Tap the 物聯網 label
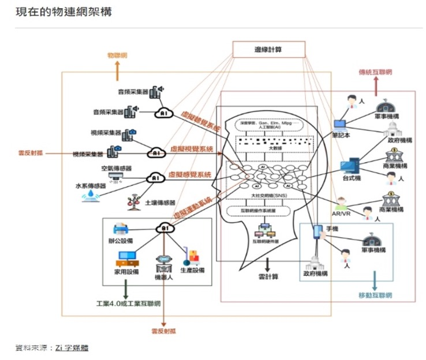(117, 55)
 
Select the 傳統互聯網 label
(375, 72)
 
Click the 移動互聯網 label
(375, 295)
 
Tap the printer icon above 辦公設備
(121, 227)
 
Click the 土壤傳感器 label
(160, 203)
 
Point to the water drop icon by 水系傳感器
(88, 197)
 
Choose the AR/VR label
(341, 213)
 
